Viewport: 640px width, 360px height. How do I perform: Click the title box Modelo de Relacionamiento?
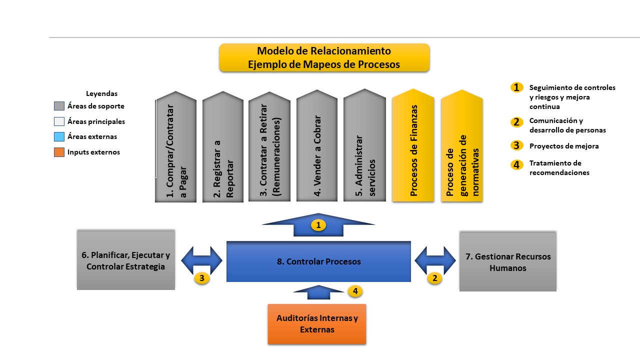324,57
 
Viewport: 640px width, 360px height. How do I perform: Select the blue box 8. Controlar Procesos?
318,261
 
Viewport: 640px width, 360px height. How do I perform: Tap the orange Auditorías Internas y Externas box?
317,324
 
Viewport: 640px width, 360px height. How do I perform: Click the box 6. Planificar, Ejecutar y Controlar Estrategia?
126,260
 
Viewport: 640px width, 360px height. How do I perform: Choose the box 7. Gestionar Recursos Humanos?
507,261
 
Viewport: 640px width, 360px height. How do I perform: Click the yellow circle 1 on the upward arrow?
318,225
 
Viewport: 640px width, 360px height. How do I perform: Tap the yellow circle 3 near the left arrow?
201,278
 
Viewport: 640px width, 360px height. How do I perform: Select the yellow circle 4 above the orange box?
355,291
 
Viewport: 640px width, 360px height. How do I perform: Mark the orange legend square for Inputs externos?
59,152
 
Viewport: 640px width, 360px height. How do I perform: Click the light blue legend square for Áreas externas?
59,136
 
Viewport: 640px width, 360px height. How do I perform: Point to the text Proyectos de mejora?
564,146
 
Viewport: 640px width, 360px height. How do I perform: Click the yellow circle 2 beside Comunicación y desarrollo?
516,121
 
